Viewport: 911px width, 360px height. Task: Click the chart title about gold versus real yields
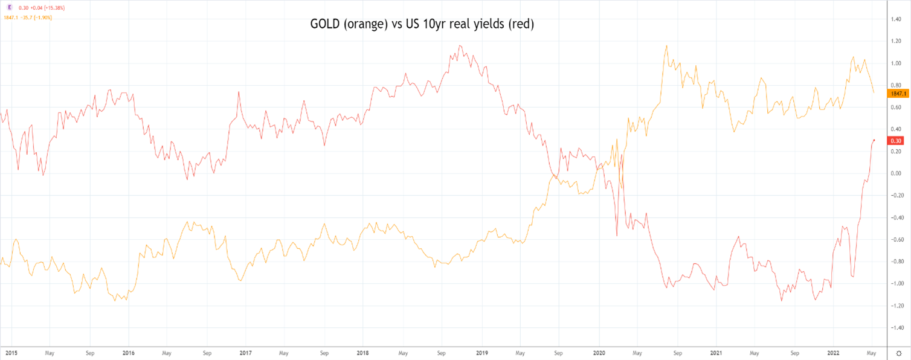(422, 25)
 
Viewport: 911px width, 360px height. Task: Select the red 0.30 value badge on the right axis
(895, 141)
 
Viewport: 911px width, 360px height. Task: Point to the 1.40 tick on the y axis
(895, 19)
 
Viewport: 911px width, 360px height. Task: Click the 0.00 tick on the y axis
(895, 173)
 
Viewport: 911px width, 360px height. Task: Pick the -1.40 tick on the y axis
(895, 328)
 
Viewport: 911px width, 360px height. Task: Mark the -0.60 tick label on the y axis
(895, 240)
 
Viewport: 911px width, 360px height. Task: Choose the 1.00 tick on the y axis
(895, 63)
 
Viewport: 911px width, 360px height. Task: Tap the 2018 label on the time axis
(363, 352)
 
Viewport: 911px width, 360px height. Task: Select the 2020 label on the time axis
(599, 352)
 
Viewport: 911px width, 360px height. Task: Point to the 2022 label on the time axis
(832, 352)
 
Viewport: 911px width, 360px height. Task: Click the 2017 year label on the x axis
(245, 352)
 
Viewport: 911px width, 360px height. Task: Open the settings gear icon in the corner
(898, 352)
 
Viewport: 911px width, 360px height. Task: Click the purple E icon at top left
(9, 7)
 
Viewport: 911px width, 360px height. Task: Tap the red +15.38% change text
(54, 8)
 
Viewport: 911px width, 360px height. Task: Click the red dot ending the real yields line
(874, 140)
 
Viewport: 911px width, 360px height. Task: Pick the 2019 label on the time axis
(482, 352)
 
